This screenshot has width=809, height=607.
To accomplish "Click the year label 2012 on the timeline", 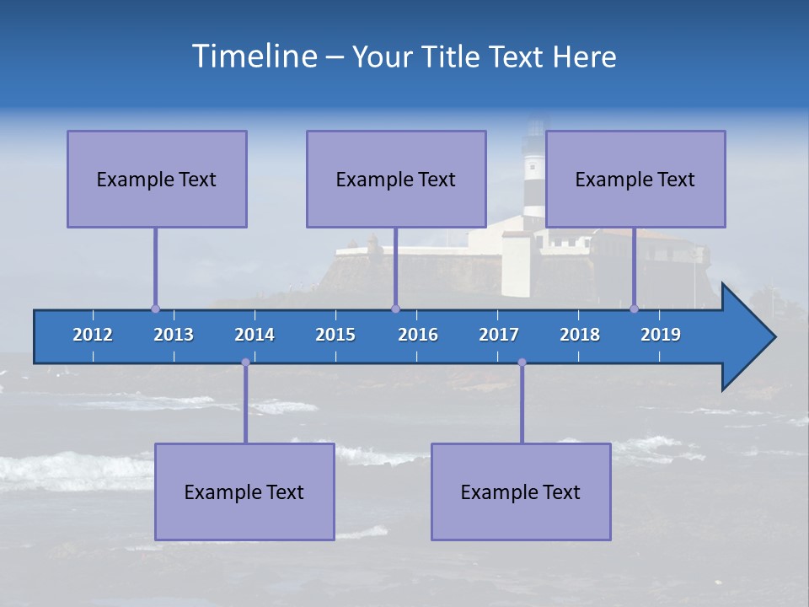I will [93, 335].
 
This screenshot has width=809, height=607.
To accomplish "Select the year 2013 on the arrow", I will [174, 335].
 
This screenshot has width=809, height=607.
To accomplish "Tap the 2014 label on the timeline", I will [254, 335].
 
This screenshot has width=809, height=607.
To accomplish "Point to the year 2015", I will [335, 335].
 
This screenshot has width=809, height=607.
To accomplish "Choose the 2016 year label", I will [418, 335].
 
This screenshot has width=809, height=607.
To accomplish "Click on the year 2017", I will [499, 335].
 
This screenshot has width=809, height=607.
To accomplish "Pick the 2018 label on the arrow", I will [580, 335].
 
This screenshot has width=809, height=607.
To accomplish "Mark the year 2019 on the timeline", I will [661, 335].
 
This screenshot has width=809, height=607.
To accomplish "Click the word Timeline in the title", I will [254, 56].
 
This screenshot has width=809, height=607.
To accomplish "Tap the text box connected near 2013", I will [157, 179].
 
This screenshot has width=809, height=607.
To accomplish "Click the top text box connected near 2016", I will [396, 179].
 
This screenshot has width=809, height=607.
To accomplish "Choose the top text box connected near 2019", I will [635, 179].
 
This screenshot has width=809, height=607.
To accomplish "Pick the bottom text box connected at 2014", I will [244, 492].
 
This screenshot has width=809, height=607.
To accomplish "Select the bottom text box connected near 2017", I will [521, 492].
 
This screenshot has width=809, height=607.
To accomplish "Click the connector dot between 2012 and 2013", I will [155, 309].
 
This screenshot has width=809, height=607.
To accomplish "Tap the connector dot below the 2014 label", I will [245, 363].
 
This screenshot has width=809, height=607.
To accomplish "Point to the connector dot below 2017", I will [522, 363].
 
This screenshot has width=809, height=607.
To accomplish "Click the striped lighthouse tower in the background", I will [534, 173].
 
